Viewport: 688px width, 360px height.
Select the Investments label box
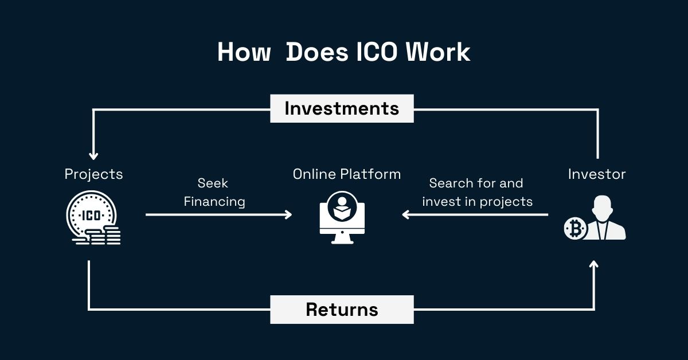tap(342, 108)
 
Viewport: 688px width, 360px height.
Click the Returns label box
tap(342, 310)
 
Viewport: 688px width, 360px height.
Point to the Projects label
tap(93, 174)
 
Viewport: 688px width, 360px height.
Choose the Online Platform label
tap(346, 174)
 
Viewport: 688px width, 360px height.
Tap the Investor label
tap(597, 174)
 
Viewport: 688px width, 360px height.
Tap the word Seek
tap(213, 183)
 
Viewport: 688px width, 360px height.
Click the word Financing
tap(213, 202)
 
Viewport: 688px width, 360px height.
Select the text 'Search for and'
tap(476, 183)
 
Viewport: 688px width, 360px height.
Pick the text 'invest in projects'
tap(477, 202)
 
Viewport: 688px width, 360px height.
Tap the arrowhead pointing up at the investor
tap(593, 265)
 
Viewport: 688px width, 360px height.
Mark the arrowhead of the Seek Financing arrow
tap(288, 214)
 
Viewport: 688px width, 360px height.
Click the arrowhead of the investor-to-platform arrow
tap(405, 214)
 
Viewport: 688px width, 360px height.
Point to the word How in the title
tap(244, 53)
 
